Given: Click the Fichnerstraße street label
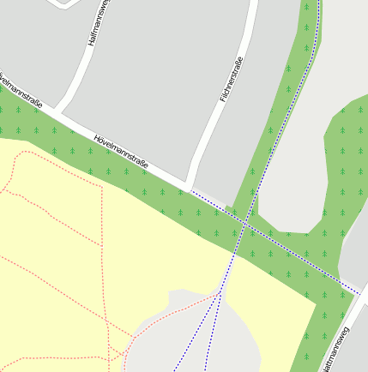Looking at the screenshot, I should coord(232,80).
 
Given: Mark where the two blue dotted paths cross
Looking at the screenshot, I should coord(245,225).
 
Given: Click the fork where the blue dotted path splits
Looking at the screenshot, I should coord(220,291).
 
